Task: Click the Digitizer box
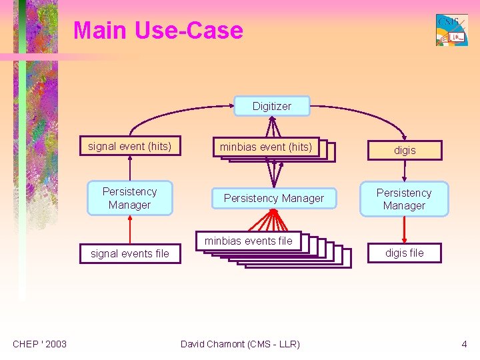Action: click(x=271, y=106)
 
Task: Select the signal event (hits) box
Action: click(x=129, y=147)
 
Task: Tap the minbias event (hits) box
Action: click(x=266, y=147)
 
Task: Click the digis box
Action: click(x=405, y=151)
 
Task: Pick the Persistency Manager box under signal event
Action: click(x=129, y=198)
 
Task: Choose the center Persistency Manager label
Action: click(x=273, y=198)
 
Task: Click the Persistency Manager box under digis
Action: click(x=404, y=199)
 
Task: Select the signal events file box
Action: click(x=130, y=253)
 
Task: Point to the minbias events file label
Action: click(x=248, y=241)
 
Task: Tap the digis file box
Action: click(x=405, y=253)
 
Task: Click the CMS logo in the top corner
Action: click(x=451, y=30)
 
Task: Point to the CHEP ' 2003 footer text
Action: click(x=40, y=344)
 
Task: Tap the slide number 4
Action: click(x=464, y=344)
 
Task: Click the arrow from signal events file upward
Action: click(x=129, y=229)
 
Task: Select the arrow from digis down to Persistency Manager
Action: click(x=405, y=171)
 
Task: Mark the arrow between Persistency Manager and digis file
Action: click(x=405, y=230)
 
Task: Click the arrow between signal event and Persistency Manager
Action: click(x=129, y=168)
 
